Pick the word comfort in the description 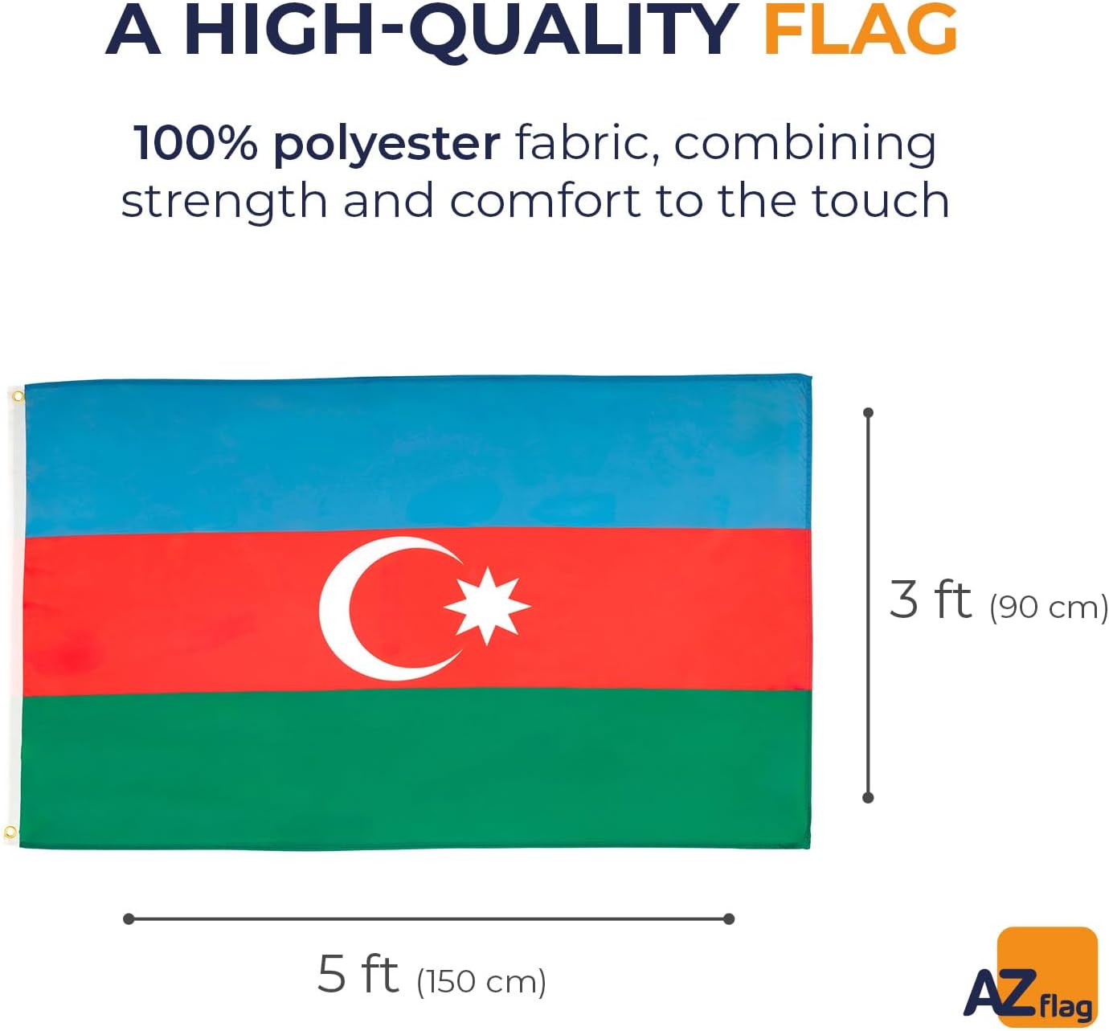click(544, 199)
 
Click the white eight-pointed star click(486, 606)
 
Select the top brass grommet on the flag click(18, 397)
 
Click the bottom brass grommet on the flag click(10, 833)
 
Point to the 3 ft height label click(930, 599)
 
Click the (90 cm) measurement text click(1048, 607)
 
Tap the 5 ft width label click(358, 975)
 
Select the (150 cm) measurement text click(481, 981)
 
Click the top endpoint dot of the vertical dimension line click(869, 413)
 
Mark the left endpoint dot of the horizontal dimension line click(129, 918)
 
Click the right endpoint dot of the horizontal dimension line click(729, 918)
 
